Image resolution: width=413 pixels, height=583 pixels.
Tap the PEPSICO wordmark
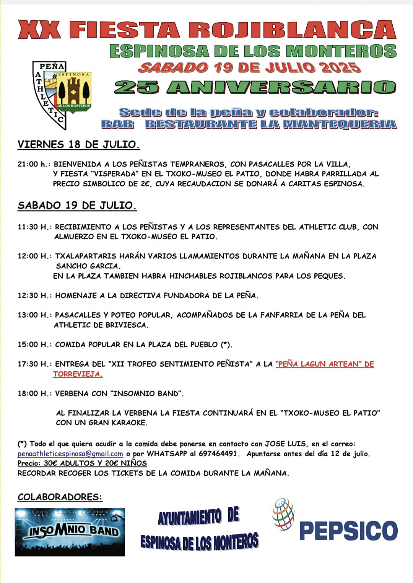tap(348, 531)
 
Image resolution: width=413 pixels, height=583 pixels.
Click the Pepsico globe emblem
tap(283, 514)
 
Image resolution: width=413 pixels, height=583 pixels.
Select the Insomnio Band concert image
tap(70, 532)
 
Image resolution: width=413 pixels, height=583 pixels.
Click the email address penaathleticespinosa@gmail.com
tap(70, 454)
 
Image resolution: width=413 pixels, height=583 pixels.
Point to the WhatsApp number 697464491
tap(220, 454)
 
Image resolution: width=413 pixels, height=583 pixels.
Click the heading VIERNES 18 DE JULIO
tap(78, 145)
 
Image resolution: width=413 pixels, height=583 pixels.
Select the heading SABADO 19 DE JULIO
tap(77, 206)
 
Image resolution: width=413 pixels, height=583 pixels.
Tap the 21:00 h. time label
tap(34, 164)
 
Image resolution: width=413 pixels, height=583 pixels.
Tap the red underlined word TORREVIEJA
tap(78, 374)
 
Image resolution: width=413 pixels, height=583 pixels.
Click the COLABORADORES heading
tap(60, 497)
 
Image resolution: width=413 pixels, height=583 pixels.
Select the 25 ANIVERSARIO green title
tap(255, 88)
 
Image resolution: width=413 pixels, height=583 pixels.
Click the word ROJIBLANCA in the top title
tap(292, 30)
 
